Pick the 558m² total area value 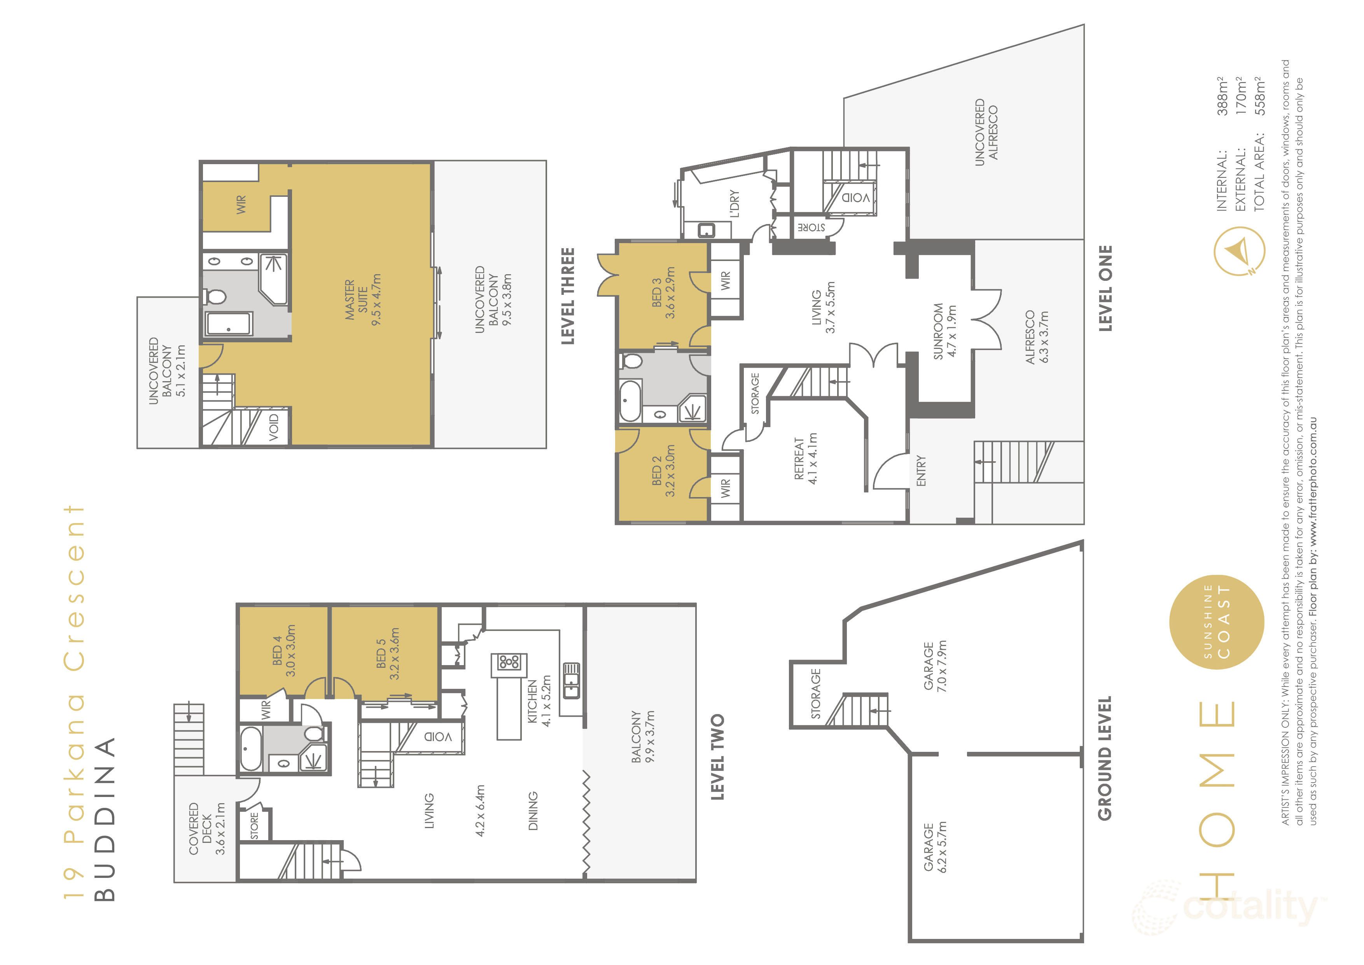1261,96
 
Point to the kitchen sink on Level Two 572,680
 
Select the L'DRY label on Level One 735,204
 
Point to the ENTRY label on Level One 922,471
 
